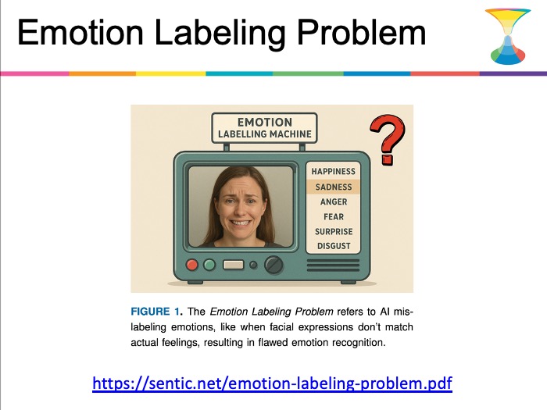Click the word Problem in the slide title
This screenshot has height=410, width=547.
(361, 33)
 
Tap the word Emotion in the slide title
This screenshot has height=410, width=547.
(80, 33)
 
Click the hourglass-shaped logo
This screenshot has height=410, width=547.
(508, 37)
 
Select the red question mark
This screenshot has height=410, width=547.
(388, 139)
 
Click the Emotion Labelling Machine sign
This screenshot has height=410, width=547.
(264, 128)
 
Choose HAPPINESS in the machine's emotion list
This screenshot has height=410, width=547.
(334, 172)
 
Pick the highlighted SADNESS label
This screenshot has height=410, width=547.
(334, 187)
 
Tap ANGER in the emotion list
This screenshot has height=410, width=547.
(334, 201)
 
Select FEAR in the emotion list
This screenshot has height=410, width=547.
(334, 217)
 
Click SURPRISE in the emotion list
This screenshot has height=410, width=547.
(334, 231)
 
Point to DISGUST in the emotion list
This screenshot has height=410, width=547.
(334, 246)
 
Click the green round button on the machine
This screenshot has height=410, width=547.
(209, 265)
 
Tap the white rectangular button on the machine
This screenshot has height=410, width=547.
(234, 265)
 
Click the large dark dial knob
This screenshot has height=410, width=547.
(273, 265)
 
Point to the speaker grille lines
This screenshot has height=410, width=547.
(333, 265)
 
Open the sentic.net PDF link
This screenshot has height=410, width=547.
(273, 383)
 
